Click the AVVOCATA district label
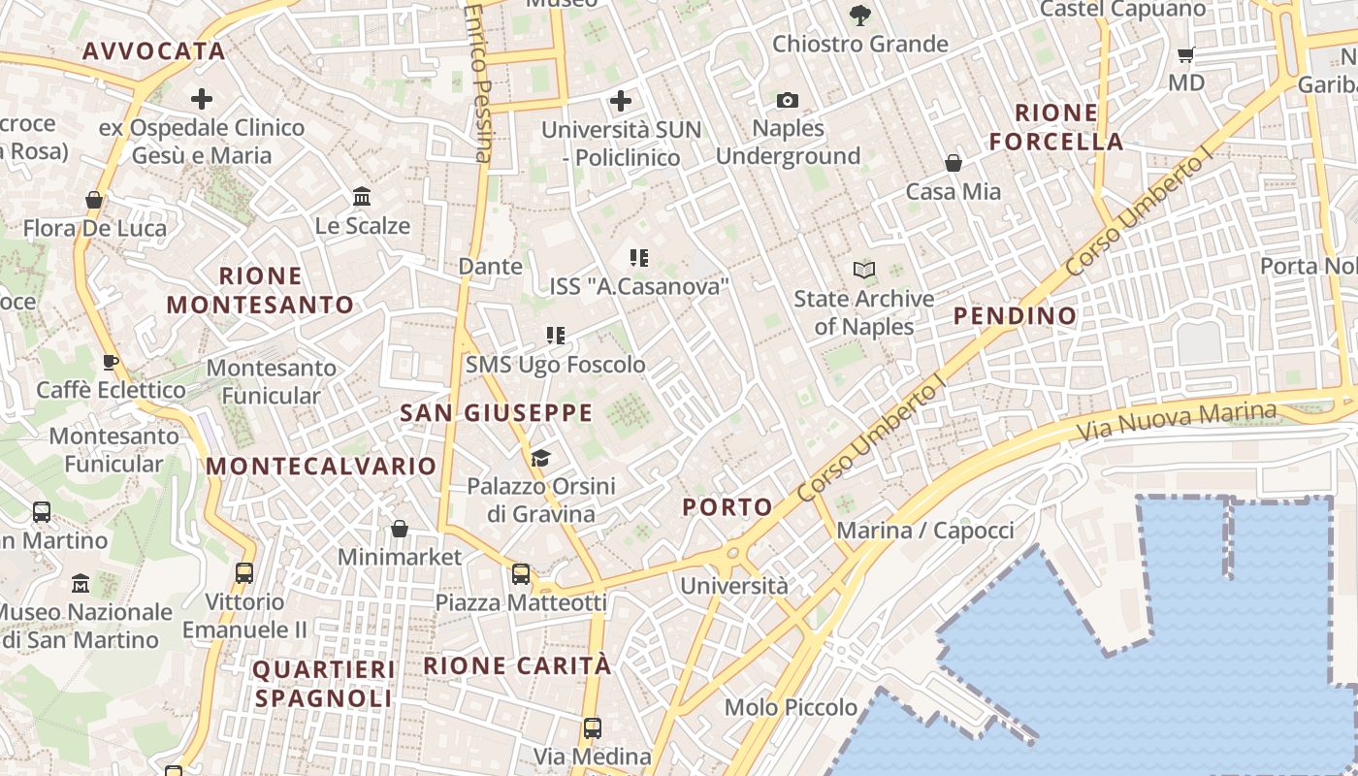154,51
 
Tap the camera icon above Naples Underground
788,100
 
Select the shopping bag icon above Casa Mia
954,163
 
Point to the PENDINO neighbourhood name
1015,315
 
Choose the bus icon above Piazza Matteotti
521,573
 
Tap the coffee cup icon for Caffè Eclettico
111,362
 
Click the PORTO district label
727,506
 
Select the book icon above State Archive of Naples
863,270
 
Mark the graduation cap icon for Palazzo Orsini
540,458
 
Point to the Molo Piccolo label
792,707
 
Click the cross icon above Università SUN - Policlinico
621,100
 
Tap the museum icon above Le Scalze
362,197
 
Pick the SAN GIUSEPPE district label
497,412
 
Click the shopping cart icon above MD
1185,54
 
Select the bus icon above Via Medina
592,727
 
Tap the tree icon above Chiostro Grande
859,15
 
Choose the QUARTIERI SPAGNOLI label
324,684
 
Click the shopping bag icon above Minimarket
399,529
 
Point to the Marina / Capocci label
924,531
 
